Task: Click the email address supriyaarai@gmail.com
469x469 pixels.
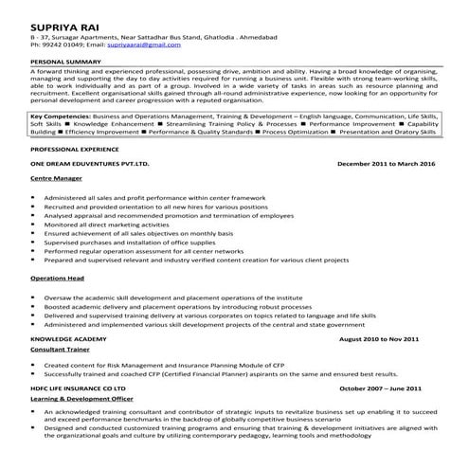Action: [x=144, y=44]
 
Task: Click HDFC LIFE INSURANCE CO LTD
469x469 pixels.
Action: [x=79, y=388]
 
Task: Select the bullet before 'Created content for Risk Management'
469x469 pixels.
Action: [x=35, y=364]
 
